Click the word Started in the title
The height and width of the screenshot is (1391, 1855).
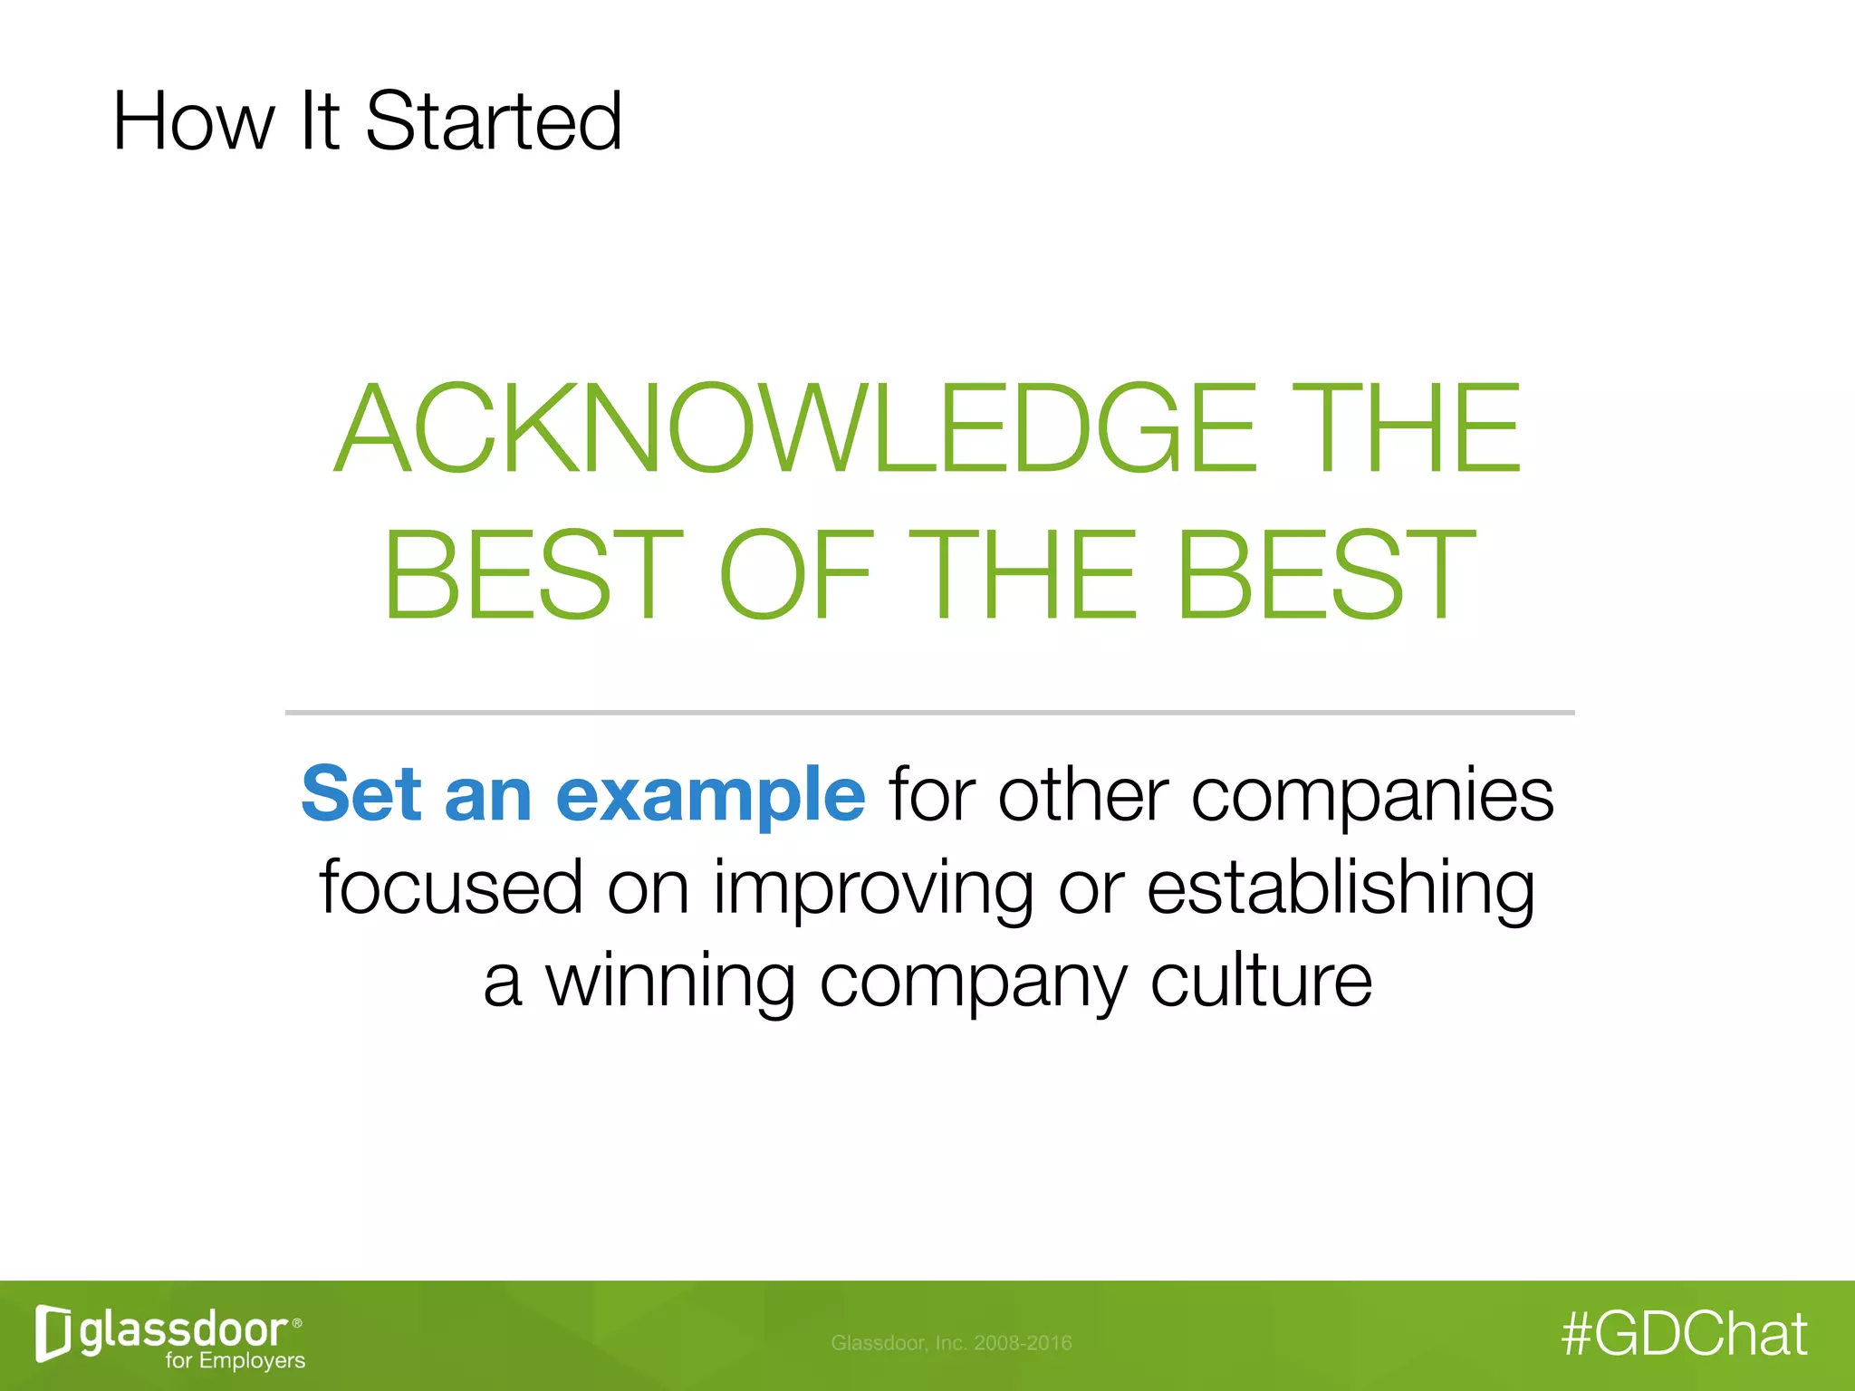(x=494, y=121)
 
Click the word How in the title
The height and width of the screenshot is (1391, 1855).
(x=192, y=121)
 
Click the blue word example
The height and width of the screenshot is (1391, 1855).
(x=711, y=795)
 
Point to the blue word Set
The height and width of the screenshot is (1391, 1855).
(x=361, y=793)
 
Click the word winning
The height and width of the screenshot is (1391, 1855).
(x=670, y=982)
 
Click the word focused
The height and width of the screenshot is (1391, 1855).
(x=450, y=887)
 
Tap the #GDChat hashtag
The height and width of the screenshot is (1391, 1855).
(x=1685, y=1334)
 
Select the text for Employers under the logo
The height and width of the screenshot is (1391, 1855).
(x=235, y=1360)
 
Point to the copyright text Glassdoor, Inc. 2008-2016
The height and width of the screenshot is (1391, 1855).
(x=951, y=1343)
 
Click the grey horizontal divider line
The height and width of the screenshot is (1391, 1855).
(x=929, y=713)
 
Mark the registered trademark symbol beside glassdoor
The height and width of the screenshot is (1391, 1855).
(x=298, y=1323)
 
